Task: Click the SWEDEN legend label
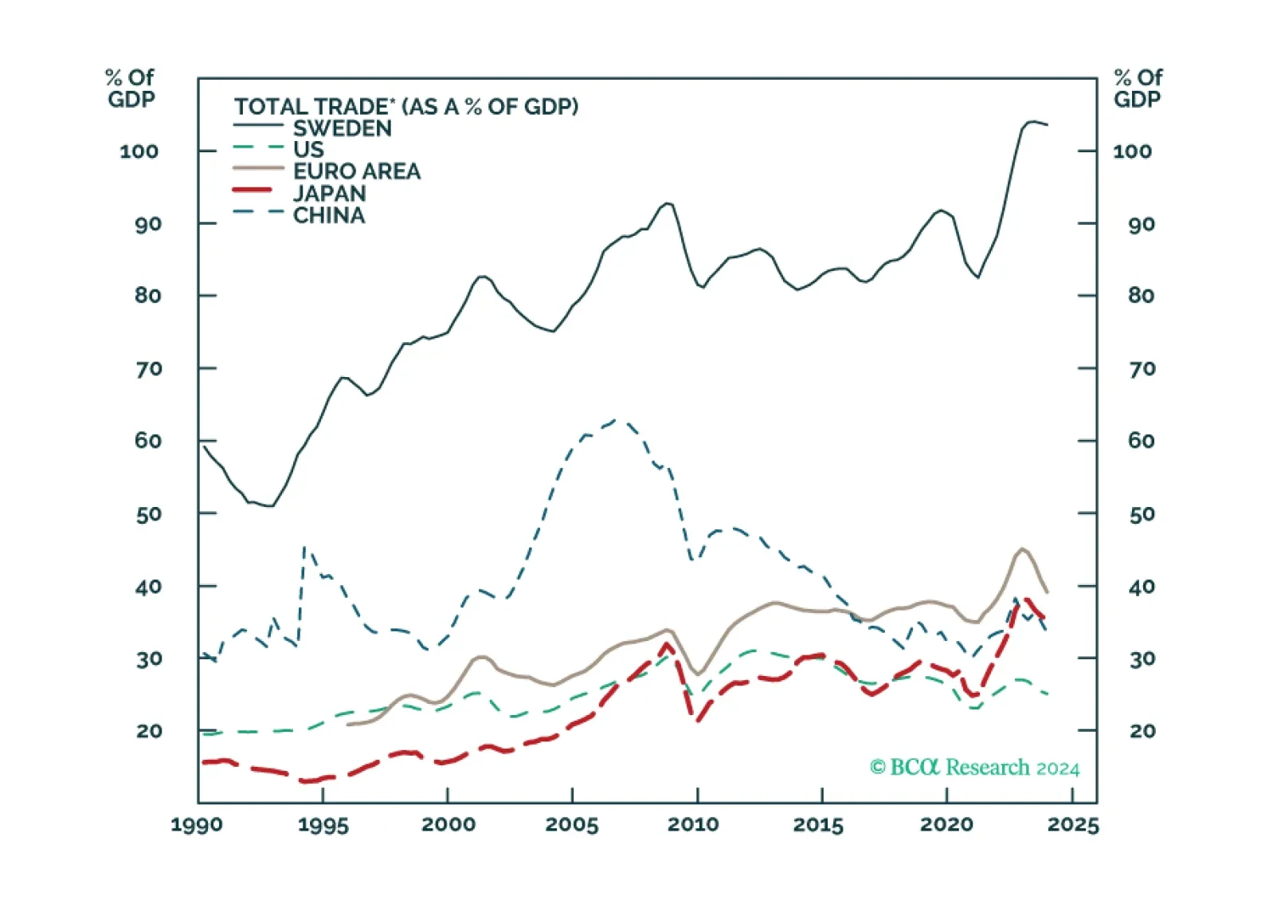pos(342,128)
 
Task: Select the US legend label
pos(308,150)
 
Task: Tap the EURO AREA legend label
pos(357,171)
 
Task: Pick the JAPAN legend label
pos(330,193)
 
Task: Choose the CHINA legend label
pos(329,215)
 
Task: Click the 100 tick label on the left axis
pos(139,151)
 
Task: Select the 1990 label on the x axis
pos(198,825)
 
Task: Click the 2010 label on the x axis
pos(694,825)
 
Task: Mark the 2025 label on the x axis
pos(1073,825)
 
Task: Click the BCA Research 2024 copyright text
pos(974,768)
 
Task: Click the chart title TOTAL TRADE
pos(406,106)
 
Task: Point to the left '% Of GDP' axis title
pos(130,88)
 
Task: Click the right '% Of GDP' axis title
pos(1138,88)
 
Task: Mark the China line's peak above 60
pos(617,420)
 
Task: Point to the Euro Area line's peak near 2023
pos(1022,548)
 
